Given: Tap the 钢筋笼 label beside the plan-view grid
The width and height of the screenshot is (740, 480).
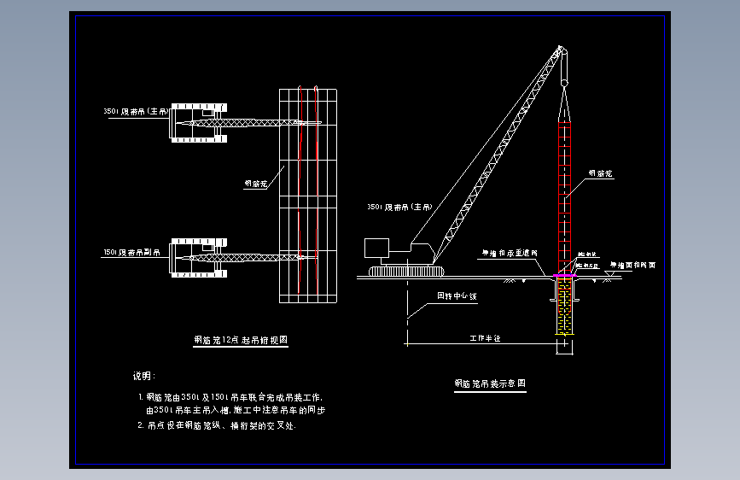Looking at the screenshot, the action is click(256, 183).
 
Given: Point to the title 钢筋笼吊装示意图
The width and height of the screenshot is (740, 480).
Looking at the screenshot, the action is click(489, 384).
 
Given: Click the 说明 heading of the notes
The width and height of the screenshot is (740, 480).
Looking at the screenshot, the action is click(143, 376).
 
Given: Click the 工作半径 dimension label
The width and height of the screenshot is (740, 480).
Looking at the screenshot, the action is click(484, 338).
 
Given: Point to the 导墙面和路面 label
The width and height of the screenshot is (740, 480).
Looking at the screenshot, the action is click(632, 266).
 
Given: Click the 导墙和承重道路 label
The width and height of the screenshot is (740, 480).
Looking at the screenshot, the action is click(510, 253).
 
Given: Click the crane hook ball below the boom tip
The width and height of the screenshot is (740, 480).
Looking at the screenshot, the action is click(563, 82).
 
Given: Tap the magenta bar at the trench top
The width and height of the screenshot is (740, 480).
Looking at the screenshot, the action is click(564, 274).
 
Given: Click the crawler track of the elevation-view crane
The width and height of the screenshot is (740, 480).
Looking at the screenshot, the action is click(406, 272).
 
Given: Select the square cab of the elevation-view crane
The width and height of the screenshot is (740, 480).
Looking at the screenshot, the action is click(376, 249).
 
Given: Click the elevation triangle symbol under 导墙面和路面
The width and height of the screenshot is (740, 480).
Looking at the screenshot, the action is click(606, 273).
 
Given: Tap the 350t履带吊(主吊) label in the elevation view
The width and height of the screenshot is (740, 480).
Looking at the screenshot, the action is click(399, 207).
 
